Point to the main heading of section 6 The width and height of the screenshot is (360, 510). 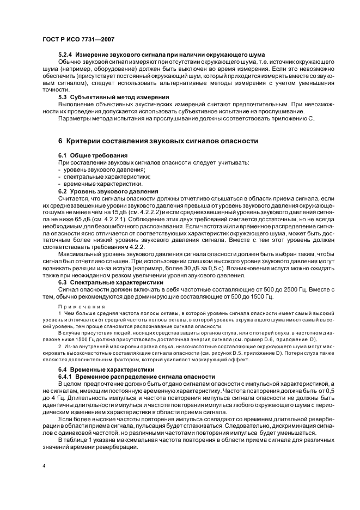(158, 141)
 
